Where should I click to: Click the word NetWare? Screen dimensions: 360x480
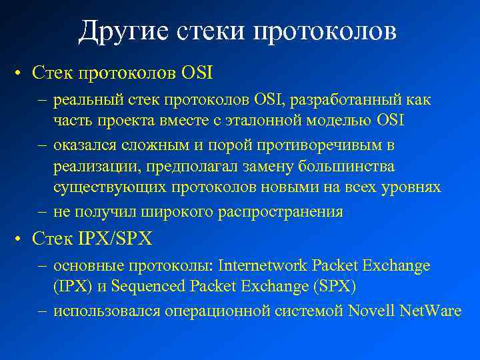(x=431, y=311)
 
